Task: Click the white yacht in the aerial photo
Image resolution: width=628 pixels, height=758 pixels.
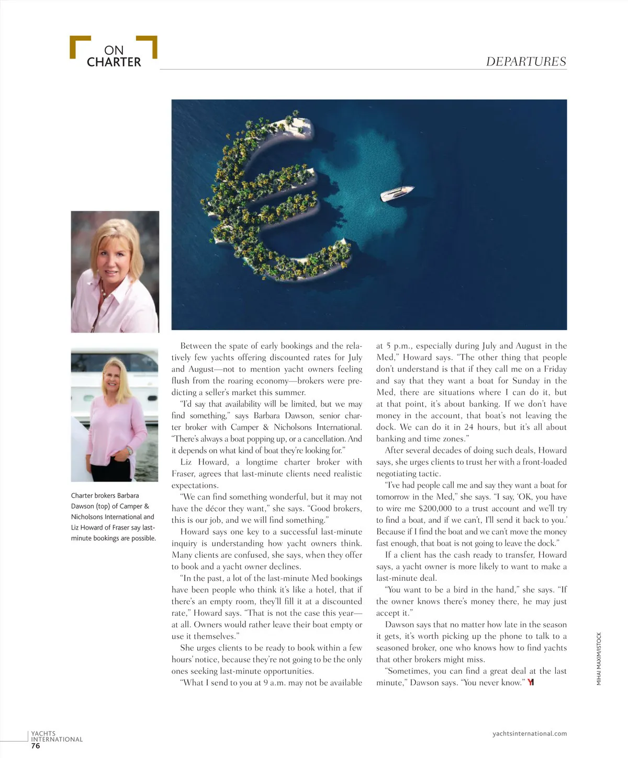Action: point(397,193)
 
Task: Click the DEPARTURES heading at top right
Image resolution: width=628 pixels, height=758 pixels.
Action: point(526,62)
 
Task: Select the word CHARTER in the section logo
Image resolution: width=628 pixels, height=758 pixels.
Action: point(114,62)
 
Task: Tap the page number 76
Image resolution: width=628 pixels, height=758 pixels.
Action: point(36,746)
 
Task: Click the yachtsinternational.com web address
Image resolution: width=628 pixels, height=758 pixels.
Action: point(530,733)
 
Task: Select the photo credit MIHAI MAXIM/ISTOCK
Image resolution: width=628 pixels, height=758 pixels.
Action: point(599,659)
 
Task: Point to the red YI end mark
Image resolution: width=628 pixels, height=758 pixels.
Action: point(531,682)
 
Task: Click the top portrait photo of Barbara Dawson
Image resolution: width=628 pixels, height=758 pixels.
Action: point(115,271)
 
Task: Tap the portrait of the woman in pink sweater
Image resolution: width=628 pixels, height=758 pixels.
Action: point(115,416)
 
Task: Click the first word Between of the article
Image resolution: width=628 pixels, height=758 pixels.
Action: point(196,346)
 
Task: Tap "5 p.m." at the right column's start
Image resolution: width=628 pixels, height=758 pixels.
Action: point(394,346)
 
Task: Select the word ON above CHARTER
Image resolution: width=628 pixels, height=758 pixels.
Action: point(114,50)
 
